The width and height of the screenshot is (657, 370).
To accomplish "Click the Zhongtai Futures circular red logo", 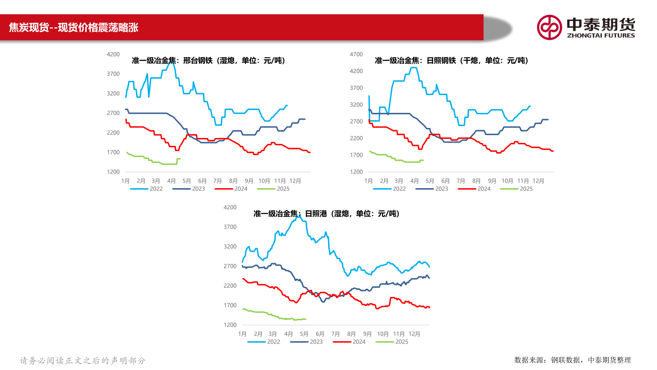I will pos(549,27).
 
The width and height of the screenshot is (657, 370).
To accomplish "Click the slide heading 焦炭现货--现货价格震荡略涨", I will pos(73,28).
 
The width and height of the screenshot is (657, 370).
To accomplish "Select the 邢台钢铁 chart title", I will pos(208,60).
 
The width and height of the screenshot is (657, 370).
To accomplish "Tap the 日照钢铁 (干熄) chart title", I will pos(451,60).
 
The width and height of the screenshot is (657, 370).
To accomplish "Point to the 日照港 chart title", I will pos(326,213).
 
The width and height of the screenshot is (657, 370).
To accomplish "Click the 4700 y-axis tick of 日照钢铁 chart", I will pos(356,54).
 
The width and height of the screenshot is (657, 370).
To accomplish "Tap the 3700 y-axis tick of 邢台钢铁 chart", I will pos(113,74).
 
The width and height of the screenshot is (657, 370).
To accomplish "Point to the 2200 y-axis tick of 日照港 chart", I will pos(230,286).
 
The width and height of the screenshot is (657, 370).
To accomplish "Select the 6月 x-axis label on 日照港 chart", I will pos(320,334).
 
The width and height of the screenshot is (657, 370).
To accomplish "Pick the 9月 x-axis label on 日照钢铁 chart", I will pos(492,181).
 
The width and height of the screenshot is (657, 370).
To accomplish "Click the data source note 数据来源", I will pos(573,360).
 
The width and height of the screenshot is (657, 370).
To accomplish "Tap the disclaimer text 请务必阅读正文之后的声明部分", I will pos(83,360).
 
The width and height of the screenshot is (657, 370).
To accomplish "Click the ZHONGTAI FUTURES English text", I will pos(600,35).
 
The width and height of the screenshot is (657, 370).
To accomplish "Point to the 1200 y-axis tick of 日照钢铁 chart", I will pos(356,172).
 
